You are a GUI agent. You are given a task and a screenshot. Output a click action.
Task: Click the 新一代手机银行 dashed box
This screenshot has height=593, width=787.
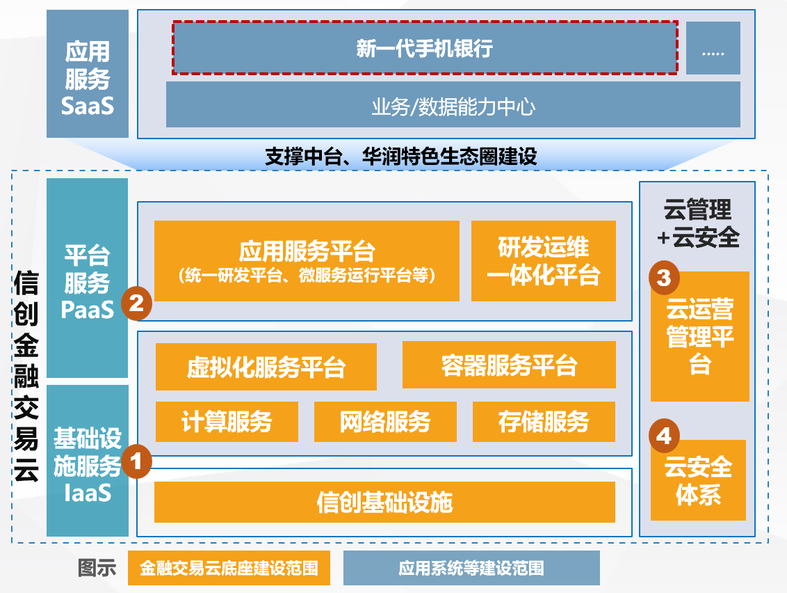(x=425, y=47)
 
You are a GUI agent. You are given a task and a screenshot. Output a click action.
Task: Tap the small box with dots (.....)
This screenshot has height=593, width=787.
(x=713, y=48)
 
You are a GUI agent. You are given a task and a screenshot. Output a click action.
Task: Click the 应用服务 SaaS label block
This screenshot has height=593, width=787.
(x=88, y=74)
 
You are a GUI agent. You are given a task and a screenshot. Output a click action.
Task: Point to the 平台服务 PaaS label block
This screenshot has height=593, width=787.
(x=88, y=278)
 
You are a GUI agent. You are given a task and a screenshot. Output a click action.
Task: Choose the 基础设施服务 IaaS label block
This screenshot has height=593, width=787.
(x=88, y=461)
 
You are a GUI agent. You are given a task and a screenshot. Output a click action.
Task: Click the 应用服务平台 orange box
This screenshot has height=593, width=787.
(x=307, y=261)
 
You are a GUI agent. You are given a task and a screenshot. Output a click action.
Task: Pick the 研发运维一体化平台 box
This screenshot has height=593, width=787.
(x=543, y=261)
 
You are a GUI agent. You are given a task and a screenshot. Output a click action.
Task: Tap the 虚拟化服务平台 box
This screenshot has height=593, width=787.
(x=266, y=367)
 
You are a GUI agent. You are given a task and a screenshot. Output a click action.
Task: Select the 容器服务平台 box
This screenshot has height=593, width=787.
(x=508, y=365)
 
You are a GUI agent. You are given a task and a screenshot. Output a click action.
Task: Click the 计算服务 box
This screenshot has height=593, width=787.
(x=227, y=422)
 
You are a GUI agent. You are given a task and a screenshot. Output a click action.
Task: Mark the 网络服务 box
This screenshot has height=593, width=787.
(x=385, y=422)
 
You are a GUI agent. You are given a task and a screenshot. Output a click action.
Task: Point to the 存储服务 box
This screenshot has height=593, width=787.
(x=544, y=422)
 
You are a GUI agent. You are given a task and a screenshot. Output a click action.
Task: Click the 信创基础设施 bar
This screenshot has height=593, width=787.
(x=384, y=502)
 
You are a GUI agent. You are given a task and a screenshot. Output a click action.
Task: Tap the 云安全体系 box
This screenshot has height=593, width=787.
(x=698, y=480)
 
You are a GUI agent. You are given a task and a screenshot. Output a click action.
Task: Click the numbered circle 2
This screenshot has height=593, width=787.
(x=136, y=303)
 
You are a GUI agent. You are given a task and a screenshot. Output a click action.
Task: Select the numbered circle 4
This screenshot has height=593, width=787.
(x=664, y=436)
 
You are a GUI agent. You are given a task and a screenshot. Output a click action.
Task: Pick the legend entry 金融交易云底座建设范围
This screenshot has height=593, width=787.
(x=229, y=568)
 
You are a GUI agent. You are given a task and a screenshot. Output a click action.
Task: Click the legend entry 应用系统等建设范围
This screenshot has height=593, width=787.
(x=471, y=568)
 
